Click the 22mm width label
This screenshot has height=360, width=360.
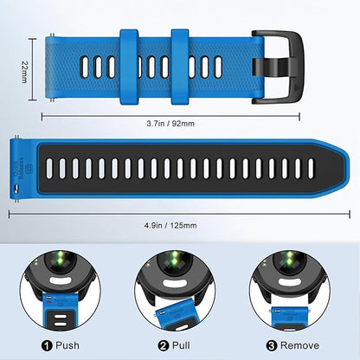tap(24, 72)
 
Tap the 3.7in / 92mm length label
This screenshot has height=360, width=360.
tap(170, 124)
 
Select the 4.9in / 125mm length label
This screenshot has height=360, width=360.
tap(170, 225)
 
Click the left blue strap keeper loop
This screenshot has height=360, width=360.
tap(129, 67)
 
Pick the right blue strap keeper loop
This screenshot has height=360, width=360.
tap(180, 67)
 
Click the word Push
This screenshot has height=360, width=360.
tap(67, 345)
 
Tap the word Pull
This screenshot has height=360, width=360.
tap(181, 345)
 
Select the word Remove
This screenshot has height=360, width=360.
tap(299, 345)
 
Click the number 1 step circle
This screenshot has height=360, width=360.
tap(47, 345)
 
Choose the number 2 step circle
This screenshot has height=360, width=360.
tap(164, 345)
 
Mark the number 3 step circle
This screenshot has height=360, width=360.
tap(272, 345)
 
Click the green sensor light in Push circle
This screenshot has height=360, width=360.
tap(61, 258)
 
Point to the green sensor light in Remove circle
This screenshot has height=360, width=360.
tap(289, 258)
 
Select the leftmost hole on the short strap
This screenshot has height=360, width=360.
tap(84, 67)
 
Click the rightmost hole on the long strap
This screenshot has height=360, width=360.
tap(311, 169)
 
